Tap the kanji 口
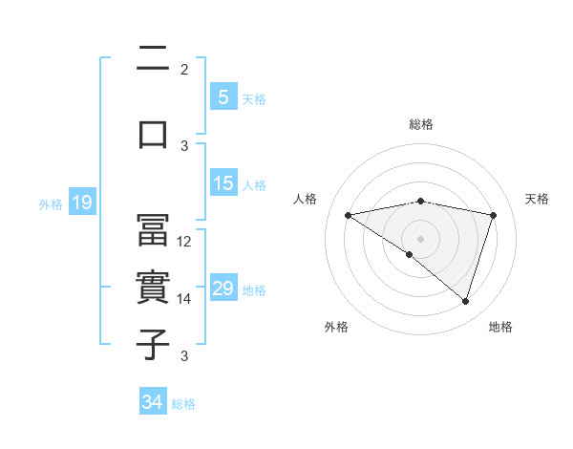154,133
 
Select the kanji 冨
154,229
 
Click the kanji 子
154,345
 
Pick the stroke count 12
185,241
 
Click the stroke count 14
185,299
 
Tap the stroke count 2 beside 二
184,69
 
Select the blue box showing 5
223,97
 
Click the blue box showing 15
223,183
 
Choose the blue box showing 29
223,289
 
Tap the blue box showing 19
81,203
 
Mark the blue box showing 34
152,402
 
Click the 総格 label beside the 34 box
183,404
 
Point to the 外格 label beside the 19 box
51,203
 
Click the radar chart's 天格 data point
494,215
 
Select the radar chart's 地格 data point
465,301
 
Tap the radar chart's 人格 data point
348,215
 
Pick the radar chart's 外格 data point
410,254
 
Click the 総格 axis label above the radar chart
421,124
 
